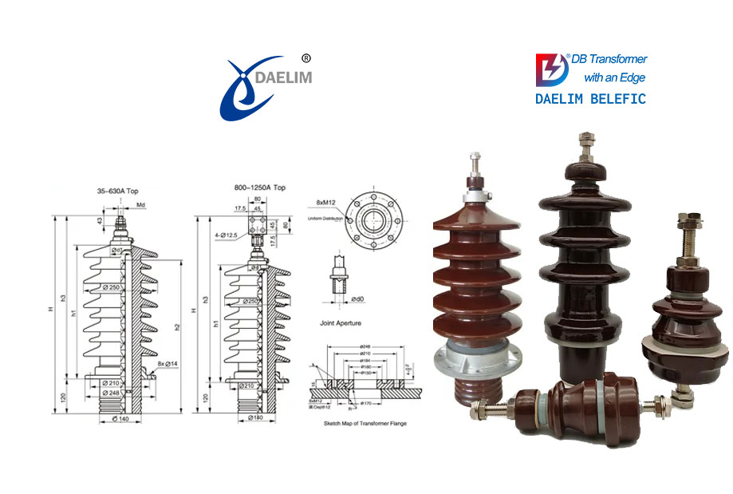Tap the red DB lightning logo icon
tap(552, 69)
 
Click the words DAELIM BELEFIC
tap(590, 99)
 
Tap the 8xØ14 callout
tap(167, 364)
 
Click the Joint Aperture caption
tap(337, 322)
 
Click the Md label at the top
tap(140, 205)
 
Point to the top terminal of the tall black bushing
tap(582, 148)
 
